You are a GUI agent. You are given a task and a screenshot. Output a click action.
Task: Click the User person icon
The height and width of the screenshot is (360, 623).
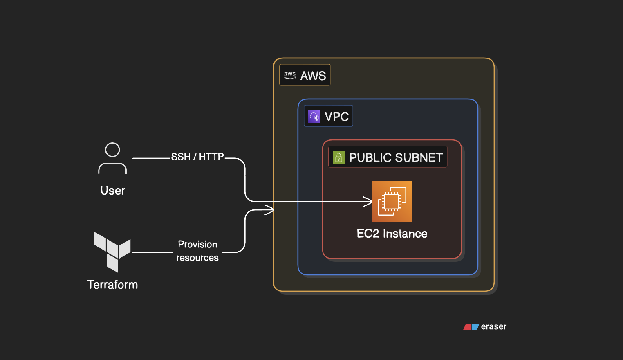112,159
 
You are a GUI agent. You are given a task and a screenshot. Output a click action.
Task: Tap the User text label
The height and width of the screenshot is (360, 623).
112,191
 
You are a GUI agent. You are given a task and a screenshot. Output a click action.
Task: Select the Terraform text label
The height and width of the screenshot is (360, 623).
112,285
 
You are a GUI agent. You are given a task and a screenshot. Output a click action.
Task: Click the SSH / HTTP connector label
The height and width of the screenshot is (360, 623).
197,157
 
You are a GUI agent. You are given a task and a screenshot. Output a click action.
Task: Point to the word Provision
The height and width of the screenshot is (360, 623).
197,244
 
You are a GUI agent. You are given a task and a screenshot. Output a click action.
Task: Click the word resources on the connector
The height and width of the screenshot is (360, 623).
197,258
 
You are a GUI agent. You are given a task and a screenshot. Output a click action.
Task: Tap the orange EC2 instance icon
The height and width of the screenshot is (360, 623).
392,201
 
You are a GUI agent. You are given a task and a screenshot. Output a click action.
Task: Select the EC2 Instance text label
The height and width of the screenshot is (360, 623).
392,234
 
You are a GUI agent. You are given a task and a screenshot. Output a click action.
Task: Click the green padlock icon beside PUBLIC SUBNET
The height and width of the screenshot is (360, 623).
338,157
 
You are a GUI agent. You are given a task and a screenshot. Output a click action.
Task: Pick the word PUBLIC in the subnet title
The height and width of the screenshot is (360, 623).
370,157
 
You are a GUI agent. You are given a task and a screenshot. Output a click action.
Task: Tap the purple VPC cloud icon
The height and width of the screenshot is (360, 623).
314,117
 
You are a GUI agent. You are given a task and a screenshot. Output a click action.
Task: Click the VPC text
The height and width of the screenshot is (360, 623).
336,117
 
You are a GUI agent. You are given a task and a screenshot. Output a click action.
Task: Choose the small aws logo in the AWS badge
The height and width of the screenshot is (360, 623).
290,75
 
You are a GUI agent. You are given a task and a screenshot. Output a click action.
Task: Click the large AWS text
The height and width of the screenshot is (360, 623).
313,76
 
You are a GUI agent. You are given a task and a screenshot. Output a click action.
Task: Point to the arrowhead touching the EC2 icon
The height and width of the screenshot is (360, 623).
368,202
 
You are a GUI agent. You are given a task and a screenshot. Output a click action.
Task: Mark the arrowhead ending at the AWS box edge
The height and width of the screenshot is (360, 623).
270,210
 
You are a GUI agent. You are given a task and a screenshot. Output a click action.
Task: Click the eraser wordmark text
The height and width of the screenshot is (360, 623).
493,326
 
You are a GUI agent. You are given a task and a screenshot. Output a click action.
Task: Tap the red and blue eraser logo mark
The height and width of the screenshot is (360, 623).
471,327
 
